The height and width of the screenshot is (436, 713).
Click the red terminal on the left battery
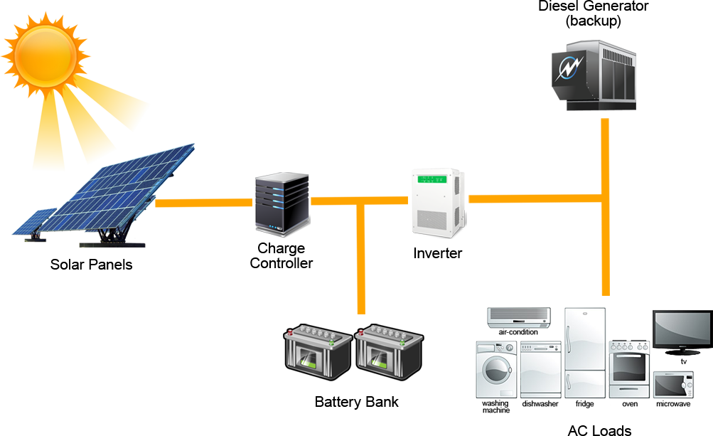[290, 333]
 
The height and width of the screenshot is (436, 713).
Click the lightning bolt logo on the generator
[571, 68]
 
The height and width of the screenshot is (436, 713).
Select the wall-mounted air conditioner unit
[518, 317]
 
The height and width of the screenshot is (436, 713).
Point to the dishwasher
[540, 370]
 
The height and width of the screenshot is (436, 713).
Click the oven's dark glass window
[628, 367]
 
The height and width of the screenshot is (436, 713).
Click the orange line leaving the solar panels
[203, 203]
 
